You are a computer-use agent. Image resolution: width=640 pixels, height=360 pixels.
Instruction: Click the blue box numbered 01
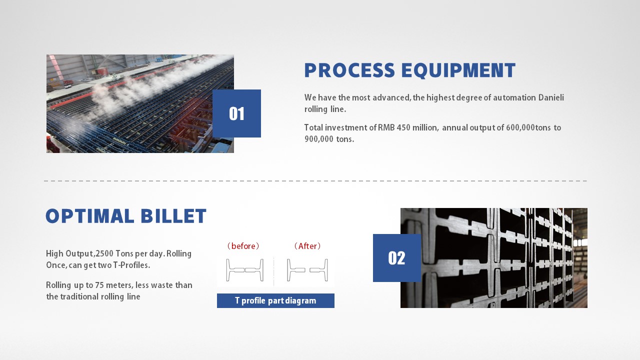pyautogui.click(x=236, y=113)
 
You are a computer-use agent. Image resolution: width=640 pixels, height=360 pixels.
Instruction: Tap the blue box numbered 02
pyautogui.click(x=397, y=258)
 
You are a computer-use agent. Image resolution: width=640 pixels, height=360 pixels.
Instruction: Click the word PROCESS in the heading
pyautogui.click(x=349, y=70)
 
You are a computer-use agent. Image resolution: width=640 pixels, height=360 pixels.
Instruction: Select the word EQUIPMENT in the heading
pyautogui.click(x=458, y=70)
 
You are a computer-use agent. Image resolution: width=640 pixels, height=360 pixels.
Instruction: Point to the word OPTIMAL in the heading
pyautogui.click(x=90, y=216)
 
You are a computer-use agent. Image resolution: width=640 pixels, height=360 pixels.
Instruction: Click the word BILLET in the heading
pyautogui.click(x=173, y=216)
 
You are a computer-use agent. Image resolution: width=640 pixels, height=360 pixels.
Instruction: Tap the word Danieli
pyautogui.click(x=551, y=97)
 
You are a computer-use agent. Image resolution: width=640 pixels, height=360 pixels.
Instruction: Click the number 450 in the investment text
pyautogui.click(x=403, y=127)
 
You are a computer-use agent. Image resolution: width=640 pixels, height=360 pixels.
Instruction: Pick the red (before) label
pyautogui.click(x=243, y=246)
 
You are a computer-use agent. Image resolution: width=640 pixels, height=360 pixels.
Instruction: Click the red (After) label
pyautogui.click(x=307, y=246)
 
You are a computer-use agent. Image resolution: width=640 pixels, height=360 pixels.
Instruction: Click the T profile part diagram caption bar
pyautogui.click(x=275, y=300)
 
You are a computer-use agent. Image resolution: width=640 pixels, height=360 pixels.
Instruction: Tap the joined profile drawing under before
pyautogui.click(x=245, y=270)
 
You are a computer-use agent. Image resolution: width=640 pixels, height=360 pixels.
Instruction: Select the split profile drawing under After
pyautogui.click(x=307, y=270)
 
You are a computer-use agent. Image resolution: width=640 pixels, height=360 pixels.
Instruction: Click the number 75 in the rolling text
pyautogui.click(x=99, y=285)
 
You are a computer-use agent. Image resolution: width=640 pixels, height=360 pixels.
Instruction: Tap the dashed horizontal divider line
pyautogui.click(x=315, y=181)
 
